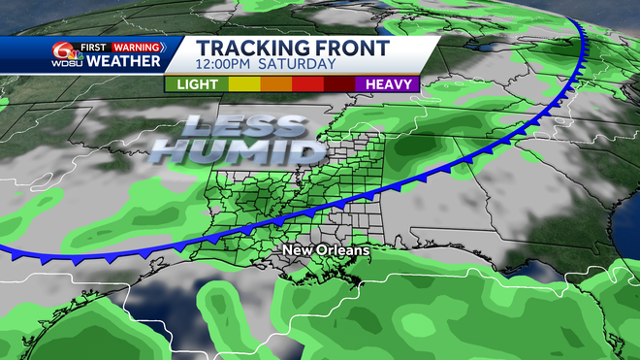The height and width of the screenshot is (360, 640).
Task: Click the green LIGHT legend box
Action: click(197, 83)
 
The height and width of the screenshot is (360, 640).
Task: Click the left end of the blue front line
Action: click(5, 251)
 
